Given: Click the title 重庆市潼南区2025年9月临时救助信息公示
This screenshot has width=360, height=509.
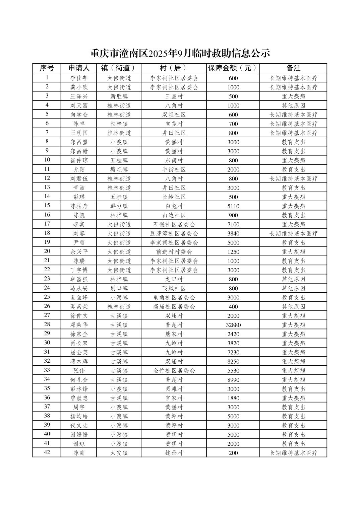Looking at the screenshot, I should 180,53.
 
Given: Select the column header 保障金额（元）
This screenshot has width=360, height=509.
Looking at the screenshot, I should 233,68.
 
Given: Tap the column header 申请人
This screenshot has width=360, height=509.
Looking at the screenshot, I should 79,68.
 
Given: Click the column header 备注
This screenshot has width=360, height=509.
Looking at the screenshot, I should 293,68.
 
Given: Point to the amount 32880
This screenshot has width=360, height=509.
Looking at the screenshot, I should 233,325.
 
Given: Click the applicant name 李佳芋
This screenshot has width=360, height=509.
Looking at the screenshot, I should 79,78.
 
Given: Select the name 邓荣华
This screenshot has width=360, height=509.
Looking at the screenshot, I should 79,325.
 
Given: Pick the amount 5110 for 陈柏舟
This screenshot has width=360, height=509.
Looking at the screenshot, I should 233,206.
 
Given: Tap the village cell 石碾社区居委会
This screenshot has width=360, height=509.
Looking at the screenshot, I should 174,224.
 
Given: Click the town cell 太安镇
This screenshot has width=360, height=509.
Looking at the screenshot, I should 119,453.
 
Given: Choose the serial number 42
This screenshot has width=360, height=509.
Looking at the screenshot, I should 47,452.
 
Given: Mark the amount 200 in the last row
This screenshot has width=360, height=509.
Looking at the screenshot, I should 233,453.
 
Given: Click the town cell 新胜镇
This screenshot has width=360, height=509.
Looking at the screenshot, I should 119,96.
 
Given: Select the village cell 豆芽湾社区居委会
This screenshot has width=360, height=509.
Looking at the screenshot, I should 174,233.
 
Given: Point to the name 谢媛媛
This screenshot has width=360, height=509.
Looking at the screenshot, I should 79,435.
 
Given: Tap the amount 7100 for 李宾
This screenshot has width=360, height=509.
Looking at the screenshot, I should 233,224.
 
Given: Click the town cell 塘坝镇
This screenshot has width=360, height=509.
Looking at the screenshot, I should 119,169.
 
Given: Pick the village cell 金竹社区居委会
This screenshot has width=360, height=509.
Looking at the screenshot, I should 174,370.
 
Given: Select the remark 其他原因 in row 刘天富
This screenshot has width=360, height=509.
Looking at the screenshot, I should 293,105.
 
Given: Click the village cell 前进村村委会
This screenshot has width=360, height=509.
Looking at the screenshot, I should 174,252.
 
